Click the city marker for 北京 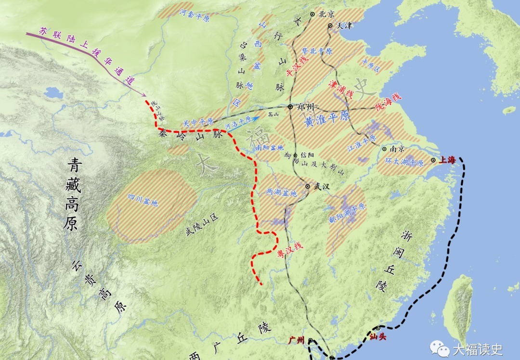point(312,14)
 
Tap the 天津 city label point(345,25)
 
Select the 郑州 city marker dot point(290,106)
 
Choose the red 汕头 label point(378,337)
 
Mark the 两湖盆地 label point(282,193)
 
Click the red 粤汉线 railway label point(290,253)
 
